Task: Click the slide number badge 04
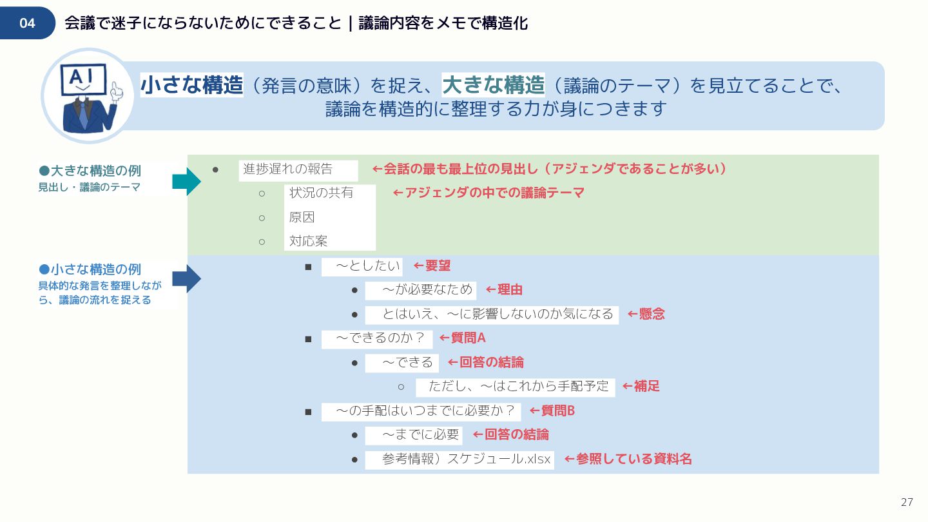(x=27, y=23)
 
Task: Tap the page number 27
(x=907, y=502)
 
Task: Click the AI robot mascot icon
(x=88, y=97)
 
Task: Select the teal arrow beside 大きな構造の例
(x=186, y=182)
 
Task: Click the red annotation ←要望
(x=432, y=266)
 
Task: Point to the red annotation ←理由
(x=504, y=290)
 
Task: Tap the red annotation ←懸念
(x=646, y=314)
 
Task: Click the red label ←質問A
(x=462, y=338)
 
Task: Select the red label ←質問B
(x=552, y=411)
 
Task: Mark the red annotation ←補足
(x=641, y=387)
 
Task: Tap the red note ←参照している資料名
(x=628, y=459)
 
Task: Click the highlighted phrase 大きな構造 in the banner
(x=493, y=84)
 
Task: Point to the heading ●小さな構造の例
(x=90, y=269)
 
